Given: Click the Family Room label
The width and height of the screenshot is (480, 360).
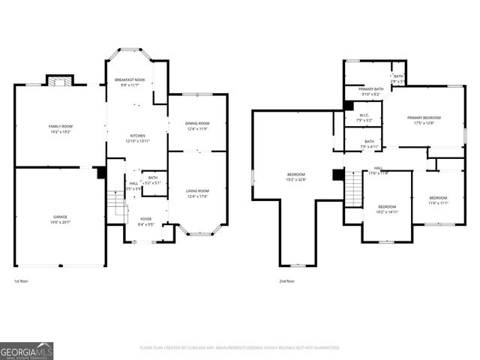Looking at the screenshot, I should pyautogui.click(x=59, y=129).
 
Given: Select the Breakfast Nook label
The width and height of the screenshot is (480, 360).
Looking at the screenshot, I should pyautogui.click(x=129, y=82).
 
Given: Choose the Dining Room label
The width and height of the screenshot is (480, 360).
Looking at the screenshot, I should pyautogui.click(x=197, y=125).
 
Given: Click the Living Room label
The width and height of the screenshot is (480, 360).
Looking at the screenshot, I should pyautogui.click(x=197, y=193).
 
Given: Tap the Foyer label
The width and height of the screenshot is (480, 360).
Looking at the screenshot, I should pyautogui.click(x=145, y=221).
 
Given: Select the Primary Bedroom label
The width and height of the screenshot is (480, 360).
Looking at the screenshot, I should pyautogui.click(x=424, y=120).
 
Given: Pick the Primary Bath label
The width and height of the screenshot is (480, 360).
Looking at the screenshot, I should pyautogui.click(x=370, y=91).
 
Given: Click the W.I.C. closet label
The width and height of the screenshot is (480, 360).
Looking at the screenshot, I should pyautogui.click(x=364, y=118).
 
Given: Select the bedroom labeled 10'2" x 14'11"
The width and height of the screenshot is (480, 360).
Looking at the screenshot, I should pyautogui.click(x=387, y=209).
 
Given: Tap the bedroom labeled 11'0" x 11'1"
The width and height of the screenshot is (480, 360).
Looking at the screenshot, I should pyautogui.click(x=438, y=200).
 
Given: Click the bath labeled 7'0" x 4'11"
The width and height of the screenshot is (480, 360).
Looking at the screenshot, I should pyautogui.click(x=369, y=143).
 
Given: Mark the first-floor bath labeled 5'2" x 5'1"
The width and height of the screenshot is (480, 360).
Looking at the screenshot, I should pyautogui.click(x=152, y=180).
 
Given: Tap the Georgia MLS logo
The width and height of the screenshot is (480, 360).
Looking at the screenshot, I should pyautogui.click(x=26, y=349).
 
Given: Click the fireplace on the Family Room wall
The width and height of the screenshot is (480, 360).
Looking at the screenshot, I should pyautogui.click(x=58, y=81).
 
